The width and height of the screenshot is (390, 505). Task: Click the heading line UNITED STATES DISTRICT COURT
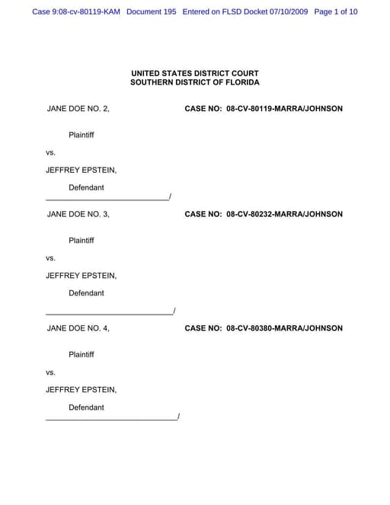pyautogui.click(x=194, y=73)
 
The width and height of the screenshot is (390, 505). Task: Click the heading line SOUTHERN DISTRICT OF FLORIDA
pyautogui.click(x=194, y=82)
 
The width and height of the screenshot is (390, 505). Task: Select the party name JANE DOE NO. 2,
pyautogui.click(x=78, y=109)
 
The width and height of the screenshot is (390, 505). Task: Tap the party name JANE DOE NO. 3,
pyautogui.click(x=78, y=214)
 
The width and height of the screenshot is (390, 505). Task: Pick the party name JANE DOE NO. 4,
pyautogui.click(x=78, y=328)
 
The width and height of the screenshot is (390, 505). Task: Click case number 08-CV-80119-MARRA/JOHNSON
pyautogui.click(x=284, y=109)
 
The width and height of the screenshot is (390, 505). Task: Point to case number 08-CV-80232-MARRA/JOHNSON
pyautogui.click(x=284, y=214)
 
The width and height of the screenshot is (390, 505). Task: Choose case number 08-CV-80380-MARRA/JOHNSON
pyautogui.click(x=284, y=328)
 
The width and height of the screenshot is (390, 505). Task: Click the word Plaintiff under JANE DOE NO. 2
pyautogui.click(x=82, y=135)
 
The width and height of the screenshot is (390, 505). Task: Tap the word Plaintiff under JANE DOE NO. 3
pyautogui.click(x=82, y=241)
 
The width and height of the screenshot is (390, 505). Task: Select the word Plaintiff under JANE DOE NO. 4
pyautogui.click(x=82, y=355)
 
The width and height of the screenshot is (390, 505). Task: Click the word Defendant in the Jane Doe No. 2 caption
pyautogui.click(x=87, y=187)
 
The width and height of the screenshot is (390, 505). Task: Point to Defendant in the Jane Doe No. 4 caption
pyautogui.click(x=87, y=408)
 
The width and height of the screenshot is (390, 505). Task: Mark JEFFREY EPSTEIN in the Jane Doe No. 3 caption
pyautogui.click(x=81, y=276)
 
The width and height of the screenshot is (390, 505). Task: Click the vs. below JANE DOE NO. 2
pyautogui.click(x=51, y=152)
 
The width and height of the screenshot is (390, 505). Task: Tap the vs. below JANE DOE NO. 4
pyautogui.click(x=51, y=372)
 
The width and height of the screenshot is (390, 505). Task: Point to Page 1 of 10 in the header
pyautogui.click(x=335, y=12)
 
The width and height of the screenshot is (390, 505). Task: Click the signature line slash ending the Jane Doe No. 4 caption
pyautogui.click(x=177, y=416)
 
